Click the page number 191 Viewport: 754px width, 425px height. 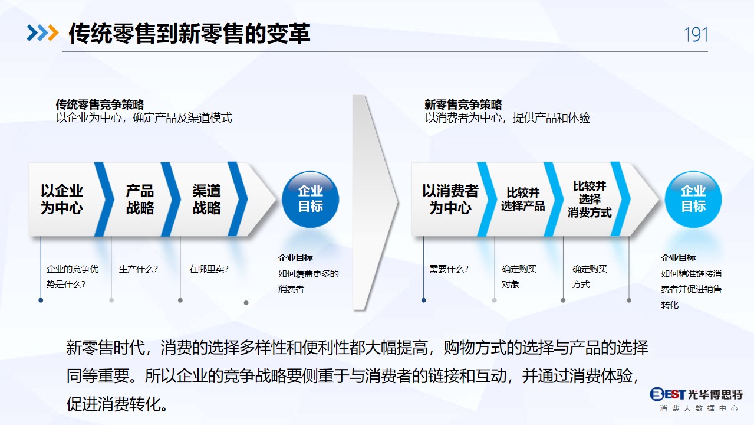(x=696, y=35)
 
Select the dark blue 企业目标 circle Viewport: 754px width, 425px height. (x=310, y=199)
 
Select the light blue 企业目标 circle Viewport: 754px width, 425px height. (x=693, y=199)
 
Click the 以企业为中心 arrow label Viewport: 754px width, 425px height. (x=62, y=199)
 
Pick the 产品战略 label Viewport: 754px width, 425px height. (x=140, y=199)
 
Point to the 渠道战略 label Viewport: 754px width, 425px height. (x=207, y=199)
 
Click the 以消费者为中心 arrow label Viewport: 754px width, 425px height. (x=450, y=199)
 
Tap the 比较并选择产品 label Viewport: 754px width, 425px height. (x=523, y=199)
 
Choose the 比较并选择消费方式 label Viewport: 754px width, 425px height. (x=590, y=199)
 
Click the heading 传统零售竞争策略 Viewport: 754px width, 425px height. (x=100, y=104)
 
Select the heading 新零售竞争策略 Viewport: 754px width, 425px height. (x=463, y=104)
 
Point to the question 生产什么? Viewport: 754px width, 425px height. (x=139, y=269)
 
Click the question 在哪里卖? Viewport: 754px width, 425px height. (x=209, y=269)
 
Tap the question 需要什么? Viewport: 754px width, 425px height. (x=449, y=269)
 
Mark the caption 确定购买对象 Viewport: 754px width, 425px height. (x=519, y=277)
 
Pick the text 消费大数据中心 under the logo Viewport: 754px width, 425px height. (x=699, y=408)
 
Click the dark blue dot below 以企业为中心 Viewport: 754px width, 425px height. (x=41, y=300)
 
